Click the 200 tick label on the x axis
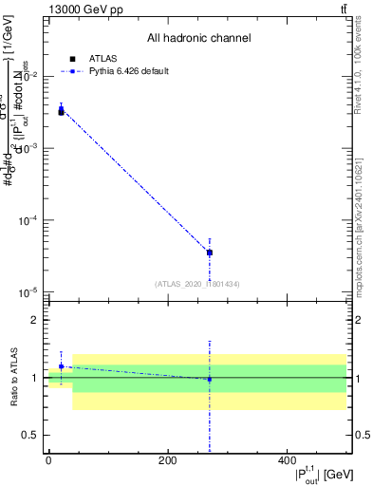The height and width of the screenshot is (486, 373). (x=167, y=460)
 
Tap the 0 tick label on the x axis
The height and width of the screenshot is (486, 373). (x=48, y=460)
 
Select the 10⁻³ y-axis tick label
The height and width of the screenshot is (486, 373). (x=29, y=148)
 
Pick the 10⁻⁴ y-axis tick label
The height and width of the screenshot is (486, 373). (x=29, y=220)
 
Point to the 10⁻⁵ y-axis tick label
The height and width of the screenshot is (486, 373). (x=29, y=292)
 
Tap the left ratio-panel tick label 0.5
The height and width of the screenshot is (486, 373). (x=33, y=436)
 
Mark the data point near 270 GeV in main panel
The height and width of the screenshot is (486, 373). (x=209, y=252)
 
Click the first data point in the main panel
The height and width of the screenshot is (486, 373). (x=61, y=110)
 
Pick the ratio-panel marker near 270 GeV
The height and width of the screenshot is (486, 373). (x=209, y=379)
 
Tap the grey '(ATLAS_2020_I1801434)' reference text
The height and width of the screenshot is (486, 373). (x=197, y=284)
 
